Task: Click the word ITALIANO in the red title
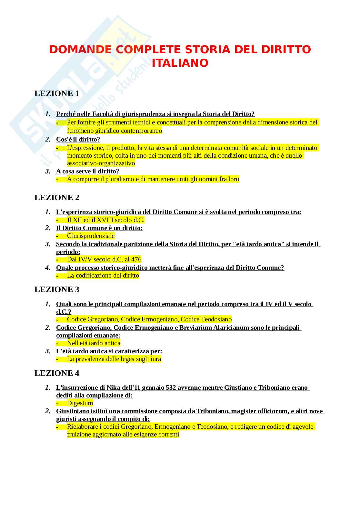(x=180, y=63)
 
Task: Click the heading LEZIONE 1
(x=57, y=93)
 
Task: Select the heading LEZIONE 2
(x=57, y=198)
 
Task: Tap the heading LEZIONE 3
(x=57, y=289)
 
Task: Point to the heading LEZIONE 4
(x=57, y=373)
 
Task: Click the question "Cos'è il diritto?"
(x=78, y=140)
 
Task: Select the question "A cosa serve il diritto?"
(x=87, y=171)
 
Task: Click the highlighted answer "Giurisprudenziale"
(x=91, y=236)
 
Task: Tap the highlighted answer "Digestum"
(x=80, y=403)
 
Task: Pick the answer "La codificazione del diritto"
(x=103, y=276)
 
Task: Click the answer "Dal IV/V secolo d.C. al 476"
(x=104, y=259)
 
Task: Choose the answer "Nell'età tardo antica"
(x=94, y=343)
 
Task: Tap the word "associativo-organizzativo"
(x=101, y=163)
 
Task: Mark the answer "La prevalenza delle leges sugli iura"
(x=114, y=359)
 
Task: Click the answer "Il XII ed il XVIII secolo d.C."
(x=105, y=220)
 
